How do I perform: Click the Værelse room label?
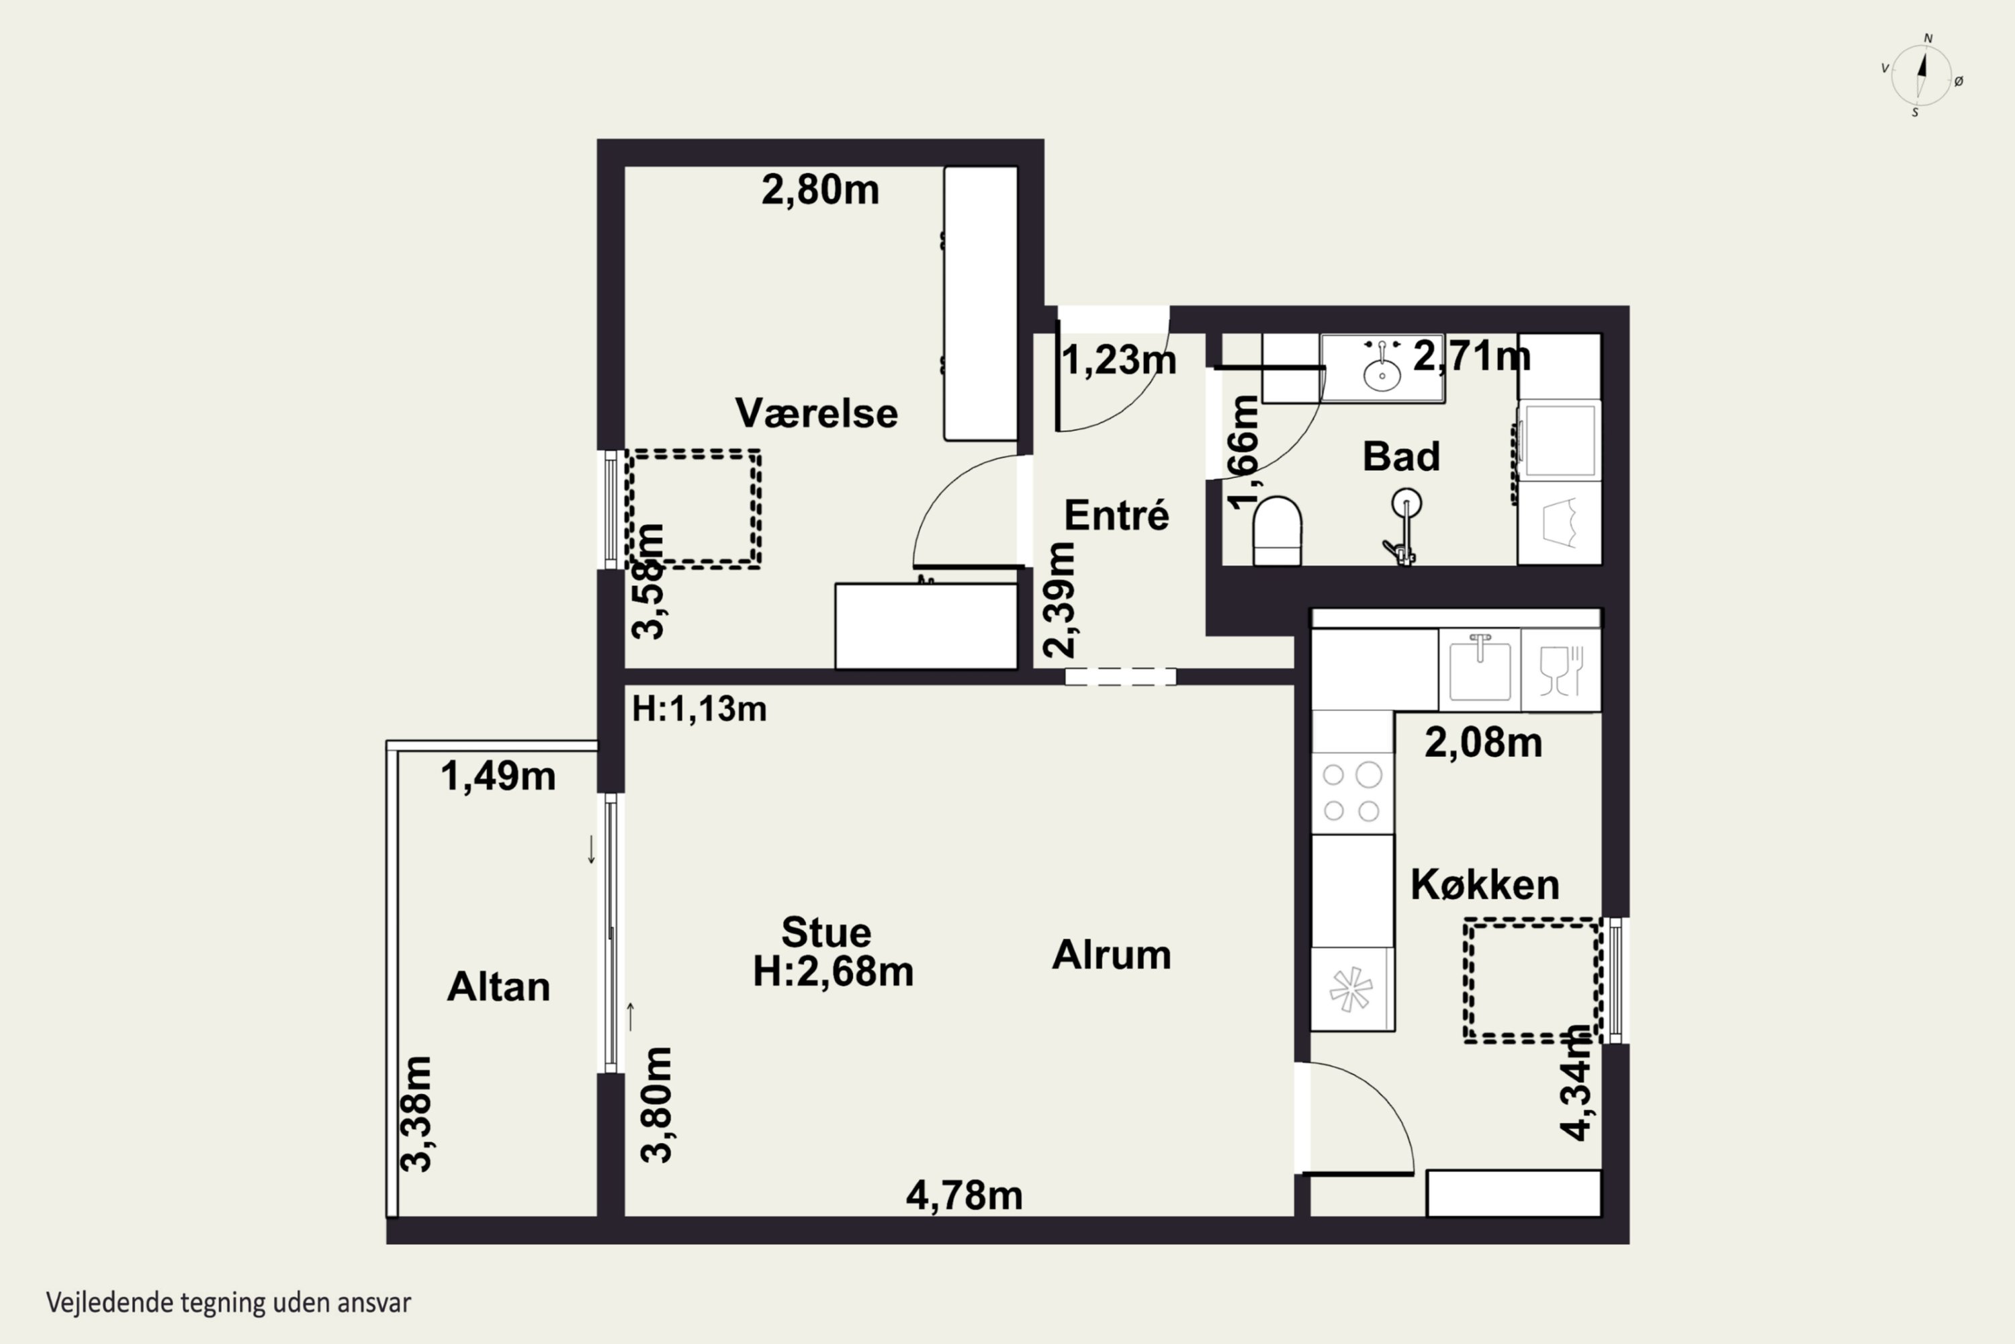click(817, 413)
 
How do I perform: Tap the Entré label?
click(1116, 515)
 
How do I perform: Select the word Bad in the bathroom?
click(1400, 456)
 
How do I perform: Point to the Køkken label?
click(1484, 884)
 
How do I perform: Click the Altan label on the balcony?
click(498, 986)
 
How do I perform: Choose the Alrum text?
click(1111, 955)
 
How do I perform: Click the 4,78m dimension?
click(965, 1195)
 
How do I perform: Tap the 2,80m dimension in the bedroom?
click(821, 190)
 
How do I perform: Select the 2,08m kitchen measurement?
click(1484, 743)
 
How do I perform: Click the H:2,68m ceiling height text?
click(834, 972)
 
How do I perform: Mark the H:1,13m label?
click(699, 709)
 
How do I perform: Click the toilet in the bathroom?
click(1278, 531)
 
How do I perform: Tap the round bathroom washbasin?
click(1382, 374)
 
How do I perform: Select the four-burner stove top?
click(1353, 793)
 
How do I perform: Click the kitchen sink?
click(1480, 669)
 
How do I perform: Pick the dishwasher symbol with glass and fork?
click(1561, 669)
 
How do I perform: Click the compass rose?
click(1922, 75)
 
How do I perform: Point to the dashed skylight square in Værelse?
click(694, 508)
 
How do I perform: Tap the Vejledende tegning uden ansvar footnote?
click(229, 1304)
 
